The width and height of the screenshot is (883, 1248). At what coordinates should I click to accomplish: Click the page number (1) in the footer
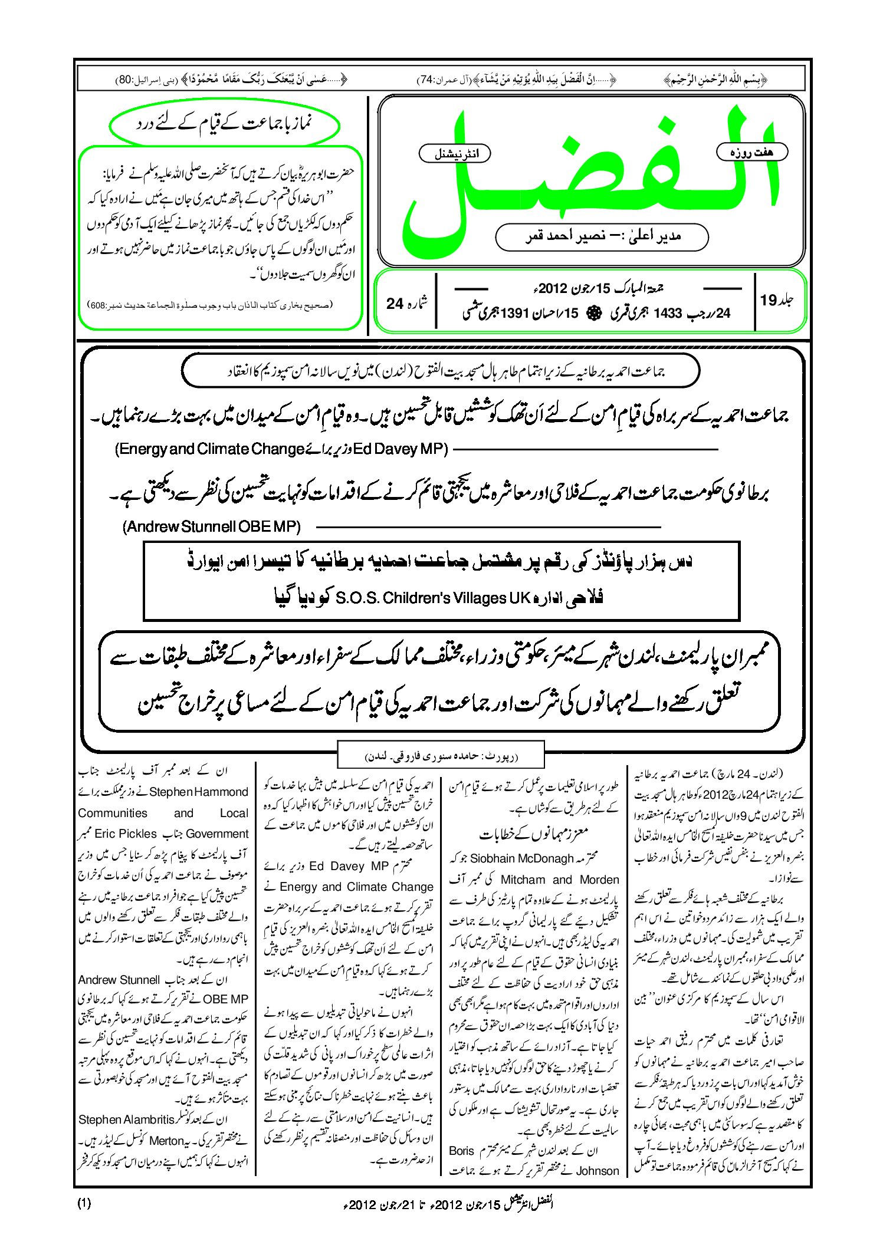pyautogui.click(x=84, y=1203)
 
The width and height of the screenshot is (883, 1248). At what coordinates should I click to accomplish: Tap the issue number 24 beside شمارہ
pyautogui.click(x=395, y=304)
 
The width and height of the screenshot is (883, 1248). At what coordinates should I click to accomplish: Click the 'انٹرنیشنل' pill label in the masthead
pyautogui.click(x=454, y=154)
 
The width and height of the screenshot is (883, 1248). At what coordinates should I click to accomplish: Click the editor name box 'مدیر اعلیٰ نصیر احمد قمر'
pyautogui.click(x=602, y=236)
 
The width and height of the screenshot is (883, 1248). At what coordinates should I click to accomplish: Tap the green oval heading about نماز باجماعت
pyautogui.click(x=225, y=124)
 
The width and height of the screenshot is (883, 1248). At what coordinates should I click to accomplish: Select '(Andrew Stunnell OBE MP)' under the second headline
pyautogui.click(x=212, y=526)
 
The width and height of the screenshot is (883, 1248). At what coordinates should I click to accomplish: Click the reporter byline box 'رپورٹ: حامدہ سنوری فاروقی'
pyautogui.click(x=441, y=755)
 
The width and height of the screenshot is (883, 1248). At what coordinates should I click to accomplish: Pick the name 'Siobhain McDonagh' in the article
pyautogui.click(x=521, y=858)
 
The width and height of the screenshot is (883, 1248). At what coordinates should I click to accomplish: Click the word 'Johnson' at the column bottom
pyautogui.click(x=597, y=1171)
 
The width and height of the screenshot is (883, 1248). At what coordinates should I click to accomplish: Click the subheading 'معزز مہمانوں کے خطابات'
pyautogui.click(x=534, y=834)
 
